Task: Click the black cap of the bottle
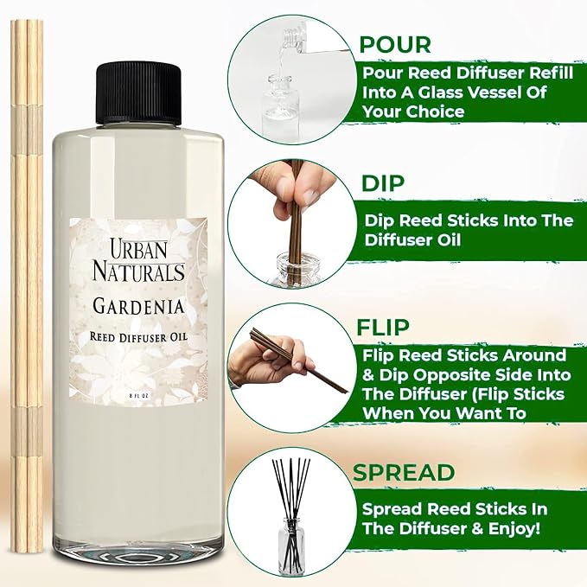coord(138,93)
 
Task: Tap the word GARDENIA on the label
coord(138,306)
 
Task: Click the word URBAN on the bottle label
coord(138,249)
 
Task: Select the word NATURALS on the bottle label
coord(138,271)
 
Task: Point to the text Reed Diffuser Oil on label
coord(138,337)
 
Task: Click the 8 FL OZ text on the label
coord(138,395)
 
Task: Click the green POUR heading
coord(395,45)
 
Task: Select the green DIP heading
coord(383,183)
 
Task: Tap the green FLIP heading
coord(383,327)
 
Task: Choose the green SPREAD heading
coord(404,472)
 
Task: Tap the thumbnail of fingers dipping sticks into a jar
coord(291,224)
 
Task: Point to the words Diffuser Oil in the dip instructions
coord(413,240)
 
